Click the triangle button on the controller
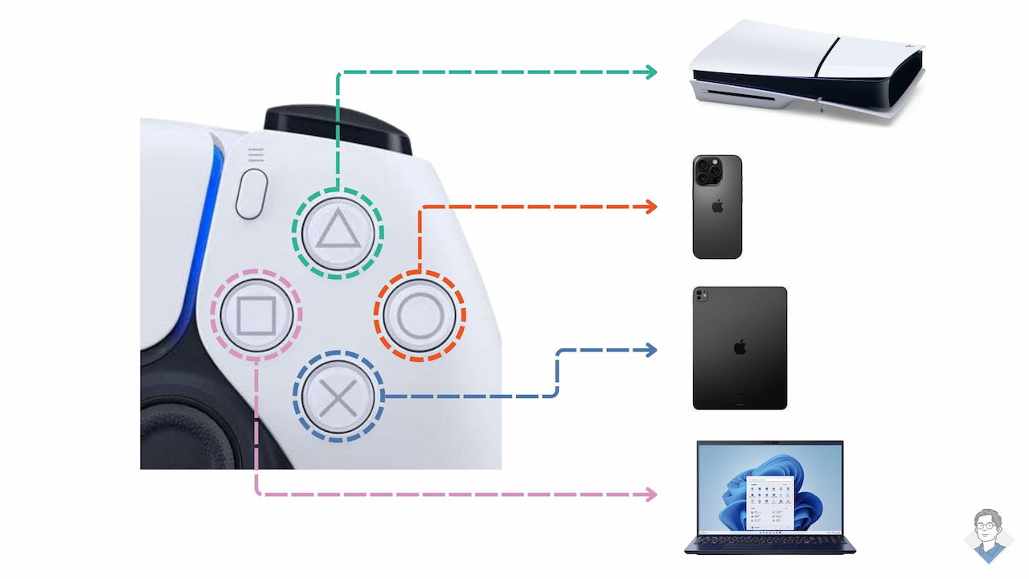pos(338,232)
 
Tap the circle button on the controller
pos(420,317)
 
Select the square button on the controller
pos(256,314)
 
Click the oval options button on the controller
pos(252,193)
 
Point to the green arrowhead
pos(650,72)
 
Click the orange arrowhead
pos(650,207)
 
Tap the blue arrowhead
pos(650,350)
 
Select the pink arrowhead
pos(650,494)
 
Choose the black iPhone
pos(717,207)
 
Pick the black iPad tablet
pos(740,348)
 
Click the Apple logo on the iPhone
pos(717,206)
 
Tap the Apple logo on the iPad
pos(740,347)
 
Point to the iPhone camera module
pos(708,171)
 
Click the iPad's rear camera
pos(702,296)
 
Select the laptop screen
pos(770,488)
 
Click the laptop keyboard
pos(769,543)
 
